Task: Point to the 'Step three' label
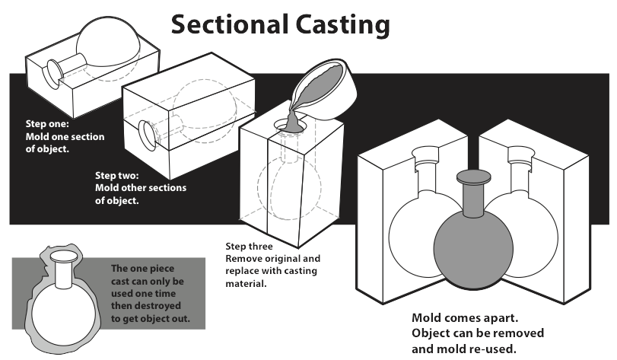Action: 249,247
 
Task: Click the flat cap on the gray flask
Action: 473,180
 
